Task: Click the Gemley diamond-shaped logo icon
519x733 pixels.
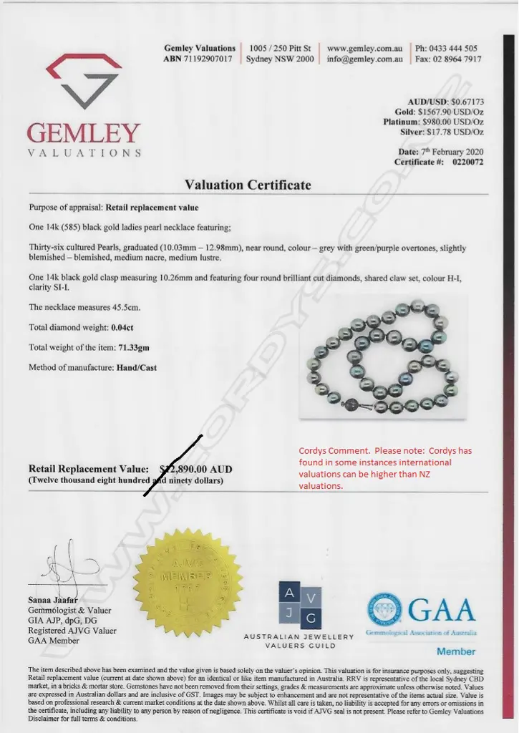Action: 83,80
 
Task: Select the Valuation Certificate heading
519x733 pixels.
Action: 248,185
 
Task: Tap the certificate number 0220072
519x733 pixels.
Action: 468,162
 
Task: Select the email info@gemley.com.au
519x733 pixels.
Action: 364,59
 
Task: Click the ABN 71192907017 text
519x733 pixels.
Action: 198,59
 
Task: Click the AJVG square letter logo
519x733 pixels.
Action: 300,605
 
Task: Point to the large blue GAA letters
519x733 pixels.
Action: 441,611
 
